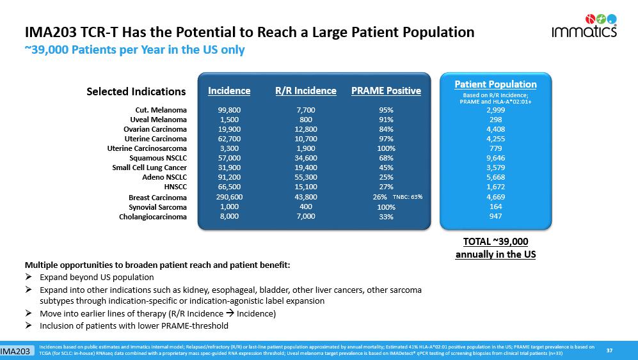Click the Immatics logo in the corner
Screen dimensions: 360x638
click(584, 26)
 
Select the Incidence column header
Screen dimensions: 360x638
click(229, 91)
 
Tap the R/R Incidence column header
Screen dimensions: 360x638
click(305, 91)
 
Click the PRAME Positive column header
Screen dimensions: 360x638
click(386, 91)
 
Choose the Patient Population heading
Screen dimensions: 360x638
click(495, 84)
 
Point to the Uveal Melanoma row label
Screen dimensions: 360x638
click(158, 120)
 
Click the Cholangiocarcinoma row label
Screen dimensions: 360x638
click(153, 217)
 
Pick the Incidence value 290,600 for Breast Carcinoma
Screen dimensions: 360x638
click(229, 198)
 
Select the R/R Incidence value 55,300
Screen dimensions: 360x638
click(306, 177)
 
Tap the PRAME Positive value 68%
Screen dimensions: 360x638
click(386, 158)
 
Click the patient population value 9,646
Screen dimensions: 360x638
click(495, 158)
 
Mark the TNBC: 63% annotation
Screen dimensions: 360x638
click(407, 197)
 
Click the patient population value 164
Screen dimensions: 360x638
click(495, 207)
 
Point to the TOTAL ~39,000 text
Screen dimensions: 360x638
click(495, 242)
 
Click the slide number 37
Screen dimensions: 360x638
click(609, 349)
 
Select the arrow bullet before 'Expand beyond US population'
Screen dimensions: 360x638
click(29, 278)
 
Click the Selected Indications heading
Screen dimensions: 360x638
click(136, 91)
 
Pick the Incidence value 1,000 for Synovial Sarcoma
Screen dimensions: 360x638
click(229, 207)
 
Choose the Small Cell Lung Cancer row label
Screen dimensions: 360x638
click(149, 168)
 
